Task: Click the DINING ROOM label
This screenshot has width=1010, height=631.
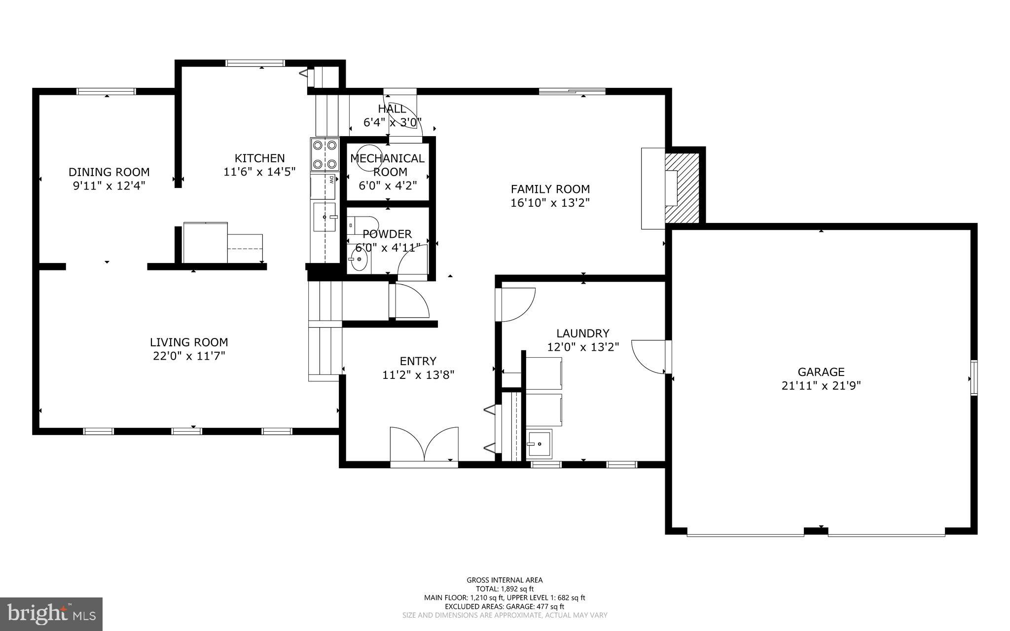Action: [109, 172]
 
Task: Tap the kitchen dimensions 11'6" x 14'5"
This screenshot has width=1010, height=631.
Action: [259, 172]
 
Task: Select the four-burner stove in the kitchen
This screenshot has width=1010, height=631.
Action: [325, 154]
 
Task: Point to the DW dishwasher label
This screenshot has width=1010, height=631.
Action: [331, 180]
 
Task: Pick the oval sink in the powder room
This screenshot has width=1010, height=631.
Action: [360, 260]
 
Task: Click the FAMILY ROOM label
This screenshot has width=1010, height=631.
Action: [550, 189]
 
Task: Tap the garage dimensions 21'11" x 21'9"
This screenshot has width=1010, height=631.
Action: [821, 386]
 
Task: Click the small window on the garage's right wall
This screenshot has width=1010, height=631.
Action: [974, 378]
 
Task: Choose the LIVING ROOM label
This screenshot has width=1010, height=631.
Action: [189, 342]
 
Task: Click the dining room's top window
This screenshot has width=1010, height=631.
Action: [106, 91]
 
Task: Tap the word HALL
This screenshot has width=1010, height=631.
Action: [392, 109]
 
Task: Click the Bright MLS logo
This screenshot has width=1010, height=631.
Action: [51, 614]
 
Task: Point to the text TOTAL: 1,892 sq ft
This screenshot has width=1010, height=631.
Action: [505, 589]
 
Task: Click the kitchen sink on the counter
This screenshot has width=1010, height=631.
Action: [324, 217]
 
